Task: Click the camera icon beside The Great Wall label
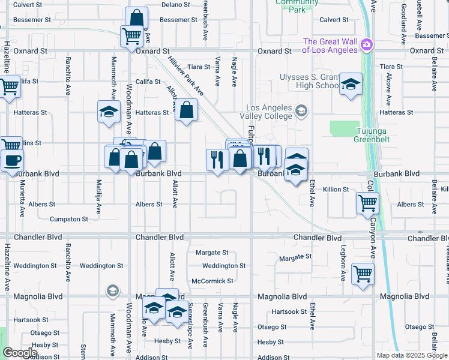tap(366, 45)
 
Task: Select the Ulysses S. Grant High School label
tap(309, 81)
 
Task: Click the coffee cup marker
tap(12, 160)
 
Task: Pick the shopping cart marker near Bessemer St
tap(131, 35)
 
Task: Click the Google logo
tap(20, 353)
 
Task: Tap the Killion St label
tap(336, 189)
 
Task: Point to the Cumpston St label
tap(69, 219)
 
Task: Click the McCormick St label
tap(212, 281)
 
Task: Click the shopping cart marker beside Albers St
tap(367, 203)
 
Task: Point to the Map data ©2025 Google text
tap(411, 355)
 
